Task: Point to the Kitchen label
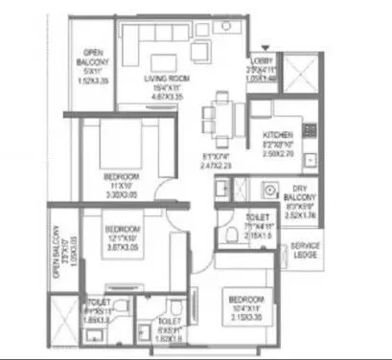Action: [279, 136]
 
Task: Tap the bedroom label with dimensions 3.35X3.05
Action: [122, 178]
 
